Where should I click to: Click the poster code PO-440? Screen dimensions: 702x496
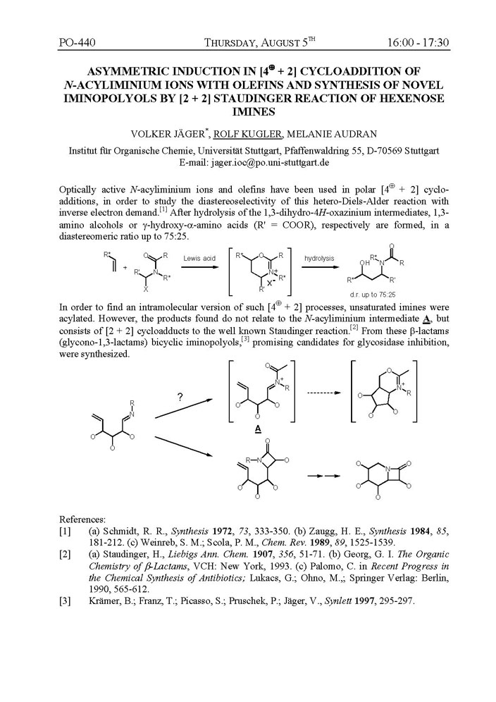(77, 43)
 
